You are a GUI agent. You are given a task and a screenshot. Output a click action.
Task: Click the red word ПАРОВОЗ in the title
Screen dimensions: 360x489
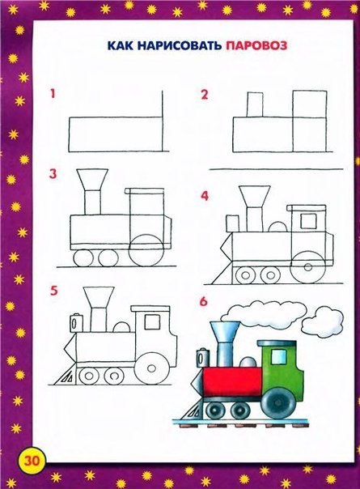click(x=256, y=46)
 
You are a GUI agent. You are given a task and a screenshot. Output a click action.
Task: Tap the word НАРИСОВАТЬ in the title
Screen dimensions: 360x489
click(x=180, y=46)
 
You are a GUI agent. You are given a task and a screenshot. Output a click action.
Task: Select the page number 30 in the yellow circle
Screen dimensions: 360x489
click(x=32, y=461)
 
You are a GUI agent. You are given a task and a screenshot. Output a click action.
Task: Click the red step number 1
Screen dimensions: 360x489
click(x=53, y=94)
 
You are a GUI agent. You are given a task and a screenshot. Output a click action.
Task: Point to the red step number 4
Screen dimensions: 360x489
click(x=205, y=196)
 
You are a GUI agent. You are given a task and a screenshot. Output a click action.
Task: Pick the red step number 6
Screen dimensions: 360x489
click(x=203, y=301)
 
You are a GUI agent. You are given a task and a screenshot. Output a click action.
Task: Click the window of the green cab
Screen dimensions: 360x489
click(x=278, y=356)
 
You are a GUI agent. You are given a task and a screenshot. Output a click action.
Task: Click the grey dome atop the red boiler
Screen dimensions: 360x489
click(x=248, y=361)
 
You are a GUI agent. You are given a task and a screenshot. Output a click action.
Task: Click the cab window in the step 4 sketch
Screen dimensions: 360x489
click(x=308, y=221)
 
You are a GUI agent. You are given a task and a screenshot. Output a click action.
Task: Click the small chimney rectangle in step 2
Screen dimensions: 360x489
click(x=255, y=104)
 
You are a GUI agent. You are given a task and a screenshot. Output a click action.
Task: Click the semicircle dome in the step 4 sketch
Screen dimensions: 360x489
click(x=277, y=227)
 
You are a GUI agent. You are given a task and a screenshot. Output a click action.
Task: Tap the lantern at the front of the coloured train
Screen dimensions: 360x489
click(x=203, y=358)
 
